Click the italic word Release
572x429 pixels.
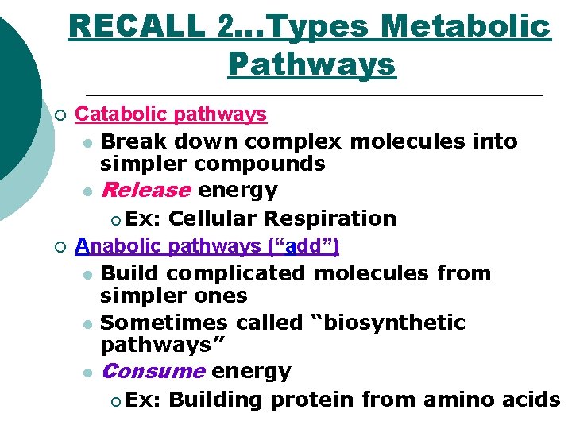tap(146, 191)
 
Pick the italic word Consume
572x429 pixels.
tap(153, 371)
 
